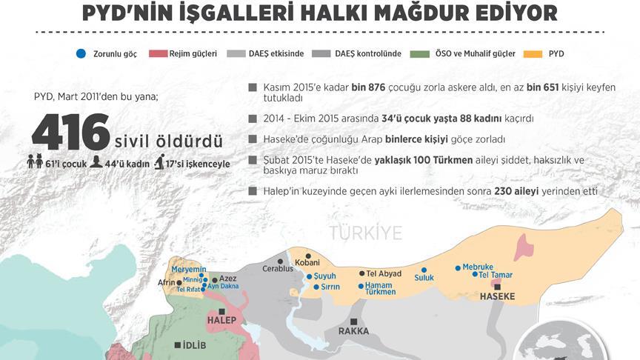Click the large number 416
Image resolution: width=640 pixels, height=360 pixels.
point(70,133)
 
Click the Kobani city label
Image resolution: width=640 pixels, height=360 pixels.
point(307,263)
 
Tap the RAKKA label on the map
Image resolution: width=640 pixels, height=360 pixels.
point(353,331)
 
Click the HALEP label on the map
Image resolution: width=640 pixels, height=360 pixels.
point(221,320)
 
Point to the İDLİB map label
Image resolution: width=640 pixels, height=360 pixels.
point(189,345)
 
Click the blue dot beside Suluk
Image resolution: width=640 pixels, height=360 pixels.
point(424,270)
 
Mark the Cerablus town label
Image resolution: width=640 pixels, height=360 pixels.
point(279,269)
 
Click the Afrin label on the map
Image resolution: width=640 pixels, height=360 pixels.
point(167,282)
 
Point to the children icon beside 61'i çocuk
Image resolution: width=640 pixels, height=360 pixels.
point(35,162)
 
